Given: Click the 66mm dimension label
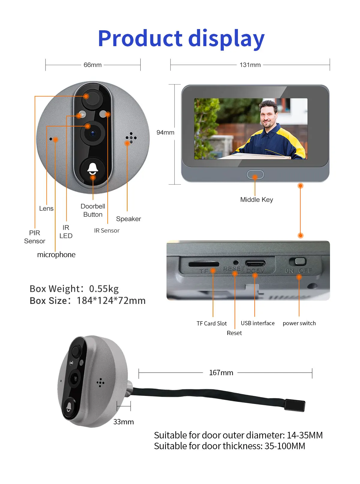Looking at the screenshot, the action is click(x=92, y=65).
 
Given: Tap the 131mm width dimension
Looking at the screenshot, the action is click(x=250, y=65).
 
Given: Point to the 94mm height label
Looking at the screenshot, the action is click(x=165, y=132).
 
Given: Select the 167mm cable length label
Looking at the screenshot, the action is click(x=221, y=373).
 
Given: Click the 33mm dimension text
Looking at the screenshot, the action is click(x=123, y=422).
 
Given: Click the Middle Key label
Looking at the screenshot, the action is click(x=256, y=200).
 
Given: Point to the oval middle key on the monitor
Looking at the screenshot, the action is click(x=255, y=175).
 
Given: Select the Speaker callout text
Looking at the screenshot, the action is click(x=128, y=219).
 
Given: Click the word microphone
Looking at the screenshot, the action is click(x=56, y=255).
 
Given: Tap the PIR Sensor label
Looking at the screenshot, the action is click(x=34, y=237).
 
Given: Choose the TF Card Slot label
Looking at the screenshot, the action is click(x=211, y=323).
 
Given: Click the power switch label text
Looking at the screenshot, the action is click(x=299, y=323).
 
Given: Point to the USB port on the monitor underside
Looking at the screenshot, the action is click(x=255, y=263).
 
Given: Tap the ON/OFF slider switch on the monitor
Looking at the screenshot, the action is click(x=298, y=261).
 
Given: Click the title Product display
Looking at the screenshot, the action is click(x=181, y=39).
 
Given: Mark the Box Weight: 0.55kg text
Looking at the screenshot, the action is click(x=74, y=289).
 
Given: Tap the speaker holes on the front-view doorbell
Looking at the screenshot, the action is click(x=131, y=138).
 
